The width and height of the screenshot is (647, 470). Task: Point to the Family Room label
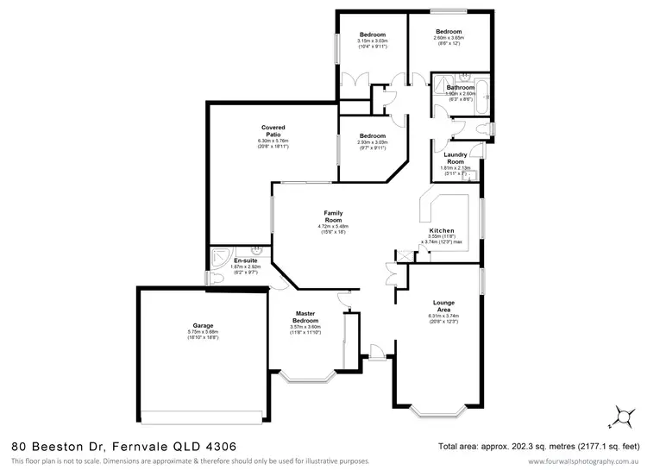click(x=333, y=216)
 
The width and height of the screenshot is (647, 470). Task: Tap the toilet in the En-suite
click(x=209, y=278)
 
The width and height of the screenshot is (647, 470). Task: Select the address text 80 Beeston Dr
click(x=57, y=446)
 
